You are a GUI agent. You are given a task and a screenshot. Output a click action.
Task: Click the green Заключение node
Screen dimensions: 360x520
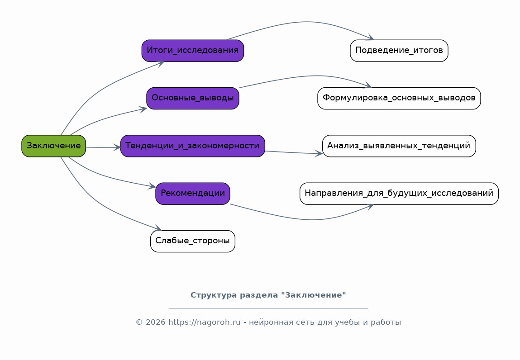pyautogui.click(x=53, y=146)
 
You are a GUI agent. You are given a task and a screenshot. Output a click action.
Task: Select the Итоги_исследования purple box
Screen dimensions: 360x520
pyautogui.click(x=192, y=50)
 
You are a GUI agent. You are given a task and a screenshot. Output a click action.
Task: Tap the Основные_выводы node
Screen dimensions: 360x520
pyautogui.click(x=192, y=98)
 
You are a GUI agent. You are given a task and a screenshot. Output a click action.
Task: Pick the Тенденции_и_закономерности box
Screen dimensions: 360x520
pyautogui.click(x=192, y=146)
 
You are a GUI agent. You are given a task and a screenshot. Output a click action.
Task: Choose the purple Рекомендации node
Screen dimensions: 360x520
pyautogui.click(x=192, y=194)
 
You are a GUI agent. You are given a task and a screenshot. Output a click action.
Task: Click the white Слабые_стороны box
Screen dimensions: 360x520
pyautogui.click(x=192, y=241)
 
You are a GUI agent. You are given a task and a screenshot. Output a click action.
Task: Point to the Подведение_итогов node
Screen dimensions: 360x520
pyautogui.click(x=399, y=50)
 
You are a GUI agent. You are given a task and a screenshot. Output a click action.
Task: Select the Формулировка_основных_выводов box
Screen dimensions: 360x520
pyautogui.click(x=399, y=98)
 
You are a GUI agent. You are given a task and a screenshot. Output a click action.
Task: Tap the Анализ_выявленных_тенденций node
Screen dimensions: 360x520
pyautogui.click(x=399, y=146)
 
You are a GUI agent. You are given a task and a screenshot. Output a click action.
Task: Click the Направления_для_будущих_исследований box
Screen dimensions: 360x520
pyautogui.click(x=399, y=194)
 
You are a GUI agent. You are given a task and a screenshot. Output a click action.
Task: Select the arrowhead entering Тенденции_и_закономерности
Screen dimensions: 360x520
pyautogui.click(x=117, y=147)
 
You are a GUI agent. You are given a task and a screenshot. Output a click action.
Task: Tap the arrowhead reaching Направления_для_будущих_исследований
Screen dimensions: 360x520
pyautogui.click(x=370, y=206)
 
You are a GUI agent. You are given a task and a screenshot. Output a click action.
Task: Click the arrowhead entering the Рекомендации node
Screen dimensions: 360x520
pyautogui.click(x=152, y=186)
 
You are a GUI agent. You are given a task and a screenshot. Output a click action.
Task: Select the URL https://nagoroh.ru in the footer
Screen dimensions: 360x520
pyautogui.click(x=204, y=322)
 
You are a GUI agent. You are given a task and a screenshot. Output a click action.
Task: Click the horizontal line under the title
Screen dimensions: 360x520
pyautogui.click(x=268, y=308)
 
